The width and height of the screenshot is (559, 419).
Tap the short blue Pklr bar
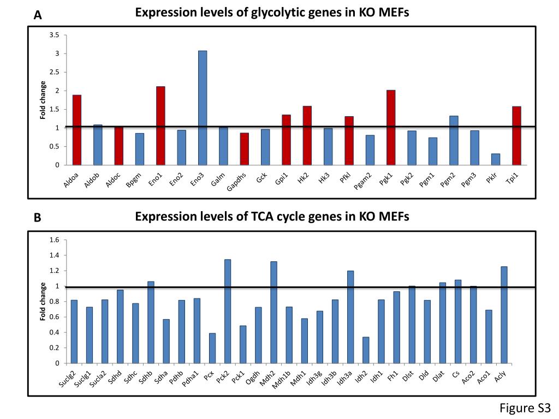pos(495,159)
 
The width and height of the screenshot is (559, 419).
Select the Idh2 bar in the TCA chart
pos(365,350)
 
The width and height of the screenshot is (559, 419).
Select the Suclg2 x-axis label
pos(68,379)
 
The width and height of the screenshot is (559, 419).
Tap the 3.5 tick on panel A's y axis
pos(54,35)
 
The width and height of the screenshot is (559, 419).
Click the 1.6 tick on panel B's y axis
pos(54,240)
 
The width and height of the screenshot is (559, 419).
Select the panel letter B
pos(37,218)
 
